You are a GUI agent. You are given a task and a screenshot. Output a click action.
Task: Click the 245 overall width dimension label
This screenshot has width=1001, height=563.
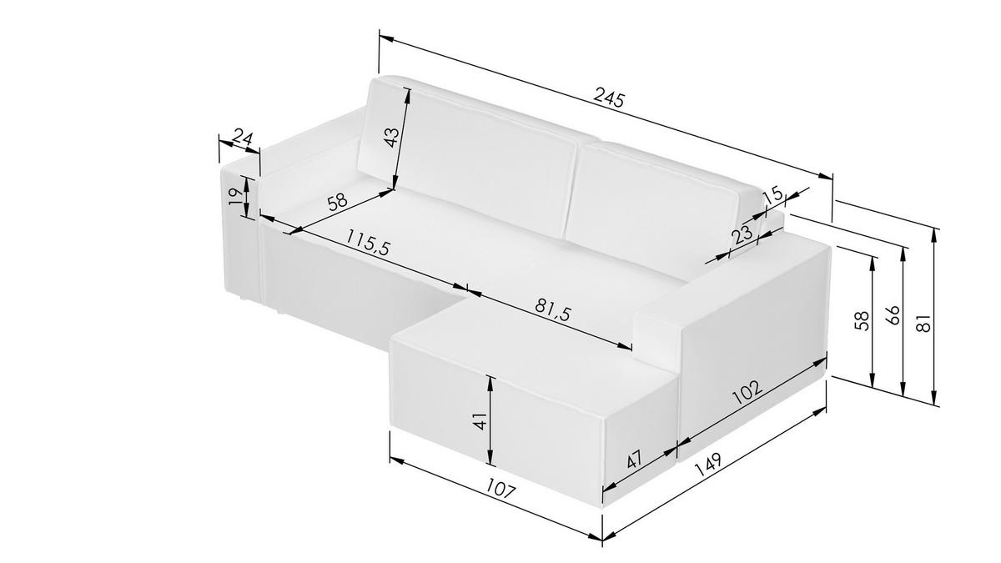pos(608,98)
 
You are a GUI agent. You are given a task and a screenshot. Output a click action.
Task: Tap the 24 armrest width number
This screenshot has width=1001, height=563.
pos(244,138)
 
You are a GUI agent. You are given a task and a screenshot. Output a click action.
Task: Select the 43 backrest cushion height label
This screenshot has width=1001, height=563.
pos(391,138)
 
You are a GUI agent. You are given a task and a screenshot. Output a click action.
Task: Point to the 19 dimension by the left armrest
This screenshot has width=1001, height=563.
pos(235,197)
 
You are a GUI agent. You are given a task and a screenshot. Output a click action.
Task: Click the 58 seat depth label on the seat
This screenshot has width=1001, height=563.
pos(337,202)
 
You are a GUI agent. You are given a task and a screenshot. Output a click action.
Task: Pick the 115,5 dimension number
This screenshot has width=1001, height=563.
pos(368,242)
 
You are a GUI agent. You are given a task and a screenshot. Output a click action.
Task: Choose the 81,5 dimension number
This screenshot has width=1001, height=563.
pos(553,309)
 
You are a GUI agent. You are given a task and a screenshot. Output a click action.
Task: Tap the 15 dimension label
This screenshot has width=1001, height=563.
pos(773,195)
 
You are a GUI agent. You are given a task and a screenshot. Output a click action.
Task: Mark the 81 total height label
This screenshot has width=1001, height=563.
pos(923,324)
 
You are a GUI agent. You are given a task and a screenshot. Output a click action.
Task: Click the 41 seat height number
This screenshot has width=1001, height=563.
pos(480,421)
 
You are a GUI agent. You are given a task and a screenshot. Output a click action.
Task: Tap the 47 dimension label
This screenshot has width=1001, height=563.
pos(635,459)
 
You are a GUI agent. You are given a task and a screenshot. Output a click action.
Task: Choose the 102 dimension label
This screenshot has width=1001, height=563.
pos(747,392)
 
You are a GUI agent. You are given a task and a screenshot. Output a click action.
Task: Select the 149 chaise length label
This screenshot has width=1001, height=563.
pos(708,466)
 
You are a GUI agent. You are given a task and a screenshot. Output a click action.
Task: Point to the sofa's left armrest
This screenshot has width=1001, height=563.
pos(241,233)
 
